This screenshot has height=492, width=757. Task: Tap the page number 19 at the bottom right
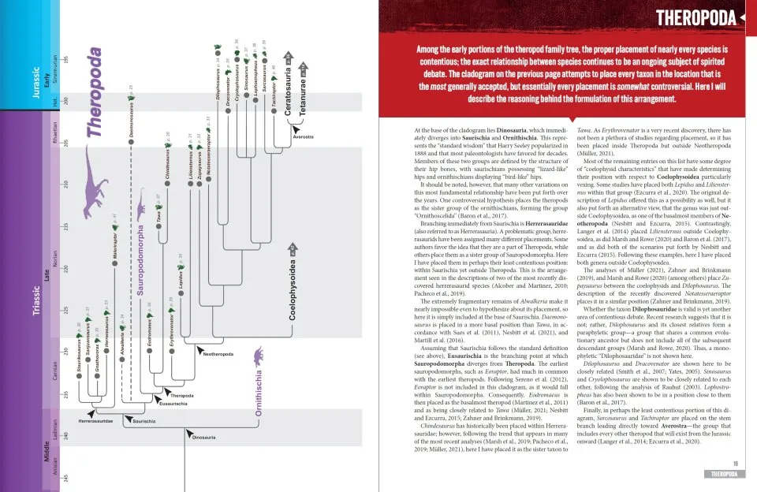click(735, 464)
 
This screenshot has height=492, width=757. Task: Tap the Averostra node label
click(303, 136)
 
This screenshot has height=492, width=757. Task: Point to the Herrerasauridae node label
click(95, 423)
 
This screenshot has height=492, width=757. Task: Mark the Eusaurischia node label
click(173, 403)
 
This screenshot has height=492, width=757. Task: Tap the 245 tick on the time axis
click(65, 479)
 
